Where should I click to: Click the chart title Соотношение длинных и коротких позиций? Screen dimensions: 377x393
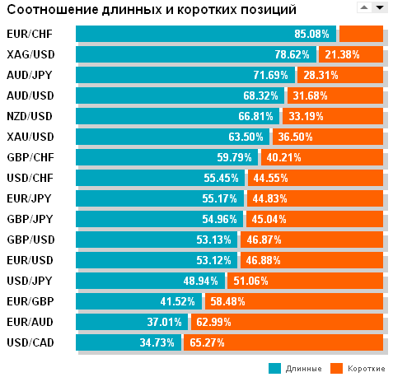[x=152, y=9]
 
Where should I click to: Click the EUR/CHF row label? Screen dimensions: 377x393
[x=30, y=35]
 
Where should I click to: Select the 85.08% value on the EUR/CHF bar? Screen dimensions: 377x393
[x=311, y=35]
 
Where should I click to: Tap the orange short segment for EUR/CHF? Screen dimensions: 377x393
[x=361, y=34]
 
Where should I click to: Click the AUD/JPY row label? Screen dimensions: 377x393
[x=30, y=75]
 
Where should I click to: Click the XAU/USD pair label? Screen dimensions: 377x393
[x=30, y=137]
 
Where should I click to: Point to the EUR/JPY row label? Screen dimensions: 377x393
[x=30, y=198]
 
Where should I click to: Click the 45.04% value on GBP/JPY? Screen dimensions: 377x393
[x=264, y=219]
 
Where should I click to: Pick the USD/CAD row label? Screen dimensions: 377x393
[x=30, y=342]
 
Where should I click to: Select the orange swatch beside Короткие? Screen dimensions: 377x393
[x=336, y=368]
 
